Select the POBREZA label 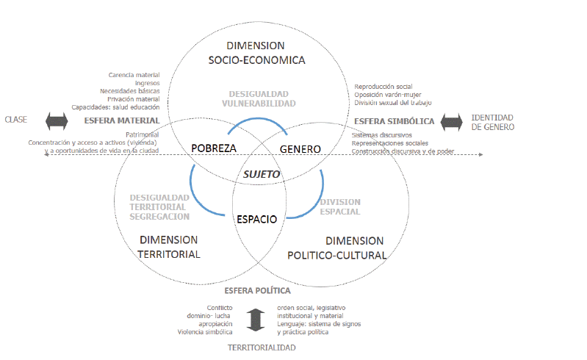(x=214, y=148)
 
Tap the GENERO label (x=301, y=149)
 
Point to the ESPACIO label (x=256, y=219)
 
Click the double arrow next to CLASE (x=56, y=120)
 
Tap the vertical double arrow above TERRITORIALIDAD (x=255, y=319)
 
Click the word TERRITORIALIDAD (x=262, y=347)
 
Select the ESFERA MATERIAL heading (x=122, y=120)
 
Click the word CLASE (x=16, y=120)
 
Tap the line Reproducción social (x=385, y=87)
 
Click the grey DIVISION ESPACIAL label (x=339, y=206)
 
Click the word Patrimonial (x=143, y=135)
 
